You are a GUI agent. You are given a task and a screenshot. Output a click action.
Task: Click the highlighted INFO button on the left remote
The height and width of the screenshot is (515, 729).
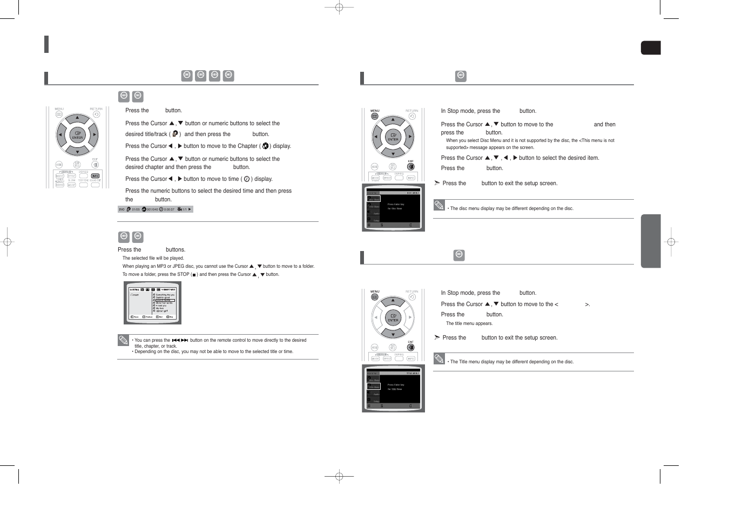point(95,176)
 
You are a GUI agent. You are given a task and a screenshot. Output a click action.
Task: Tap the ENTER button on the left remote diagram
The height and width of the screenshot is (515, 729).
point(77,135)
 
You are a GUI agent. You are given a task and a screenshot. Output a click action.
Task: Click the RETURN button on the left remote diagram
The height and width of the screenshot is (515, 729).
point(96,114)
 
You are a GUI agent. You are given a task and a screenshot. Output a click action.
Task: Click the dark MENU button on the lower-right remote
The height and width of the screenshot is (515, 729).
point(375,297)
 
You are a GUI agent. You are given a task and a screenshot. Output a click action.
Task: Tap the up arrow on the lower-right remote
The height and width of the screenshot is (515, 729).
point(393,300)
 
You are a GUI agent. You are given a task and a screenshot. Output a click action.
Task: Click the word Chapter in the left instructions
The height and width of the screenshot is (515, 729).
point(247,146)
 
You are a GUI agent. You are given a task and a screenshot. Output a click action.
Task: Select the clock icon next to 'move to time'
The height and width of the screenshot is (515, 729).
point(246,179)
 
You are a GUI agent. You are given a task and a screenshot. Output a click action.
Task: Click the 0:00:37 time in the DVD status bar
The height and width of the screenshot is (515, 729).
point(169,209)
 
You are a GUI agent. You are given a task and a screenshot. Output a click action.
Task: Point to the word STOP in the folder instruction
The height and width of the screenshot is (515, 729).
point(184,274)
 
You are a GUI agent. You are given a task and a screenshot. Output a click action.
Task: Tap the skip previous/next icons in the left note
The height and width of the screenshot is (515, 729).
point(180,340)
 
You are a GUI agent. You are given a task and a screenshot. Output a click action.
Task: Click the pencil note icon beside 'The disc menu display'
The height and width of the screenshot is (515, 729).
point(439,205)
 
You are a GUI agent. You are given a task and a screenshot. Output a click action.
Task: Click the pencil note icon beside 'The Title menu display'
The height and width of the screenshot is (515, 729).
point(439,358)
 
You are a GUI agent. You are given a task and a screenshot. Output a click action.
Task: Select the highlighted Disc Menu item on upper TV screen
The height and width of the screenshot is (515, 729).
point(374,199)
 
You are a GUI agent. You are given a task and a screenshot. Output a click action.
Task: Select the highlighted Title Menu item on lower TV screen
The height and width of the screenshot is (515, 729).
point(374,387)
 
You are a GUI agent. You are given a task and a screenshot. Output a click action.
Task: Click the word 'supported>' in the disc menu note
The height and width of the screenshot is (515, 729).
point(456,147)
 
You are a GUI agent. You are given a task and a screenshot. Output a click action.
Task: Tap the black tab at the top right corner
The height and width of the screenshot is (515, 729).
point(651,48)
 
